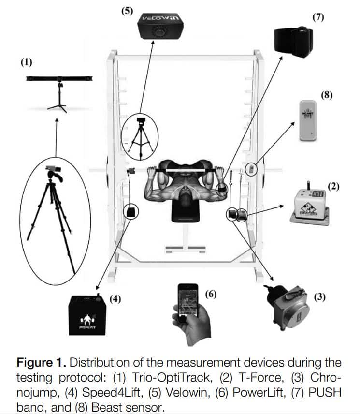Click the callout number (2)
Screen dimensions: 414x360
(333, 186)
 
